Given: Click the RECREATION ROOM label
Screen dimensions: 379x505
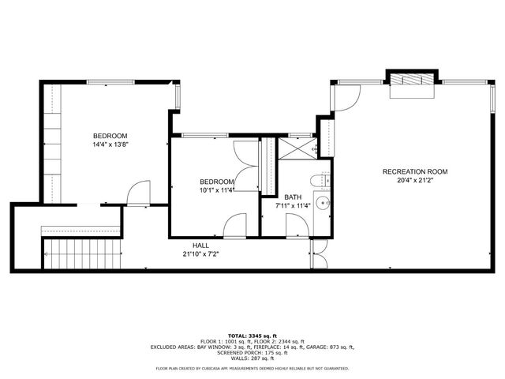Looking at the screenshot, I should click(x=415, y=171).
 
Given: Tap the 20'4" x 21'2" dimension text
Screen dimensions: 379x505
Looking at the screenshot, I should click(x=415, y=181).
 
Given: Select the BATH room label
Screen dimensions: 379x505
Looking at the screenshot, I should click(x=293, y=197).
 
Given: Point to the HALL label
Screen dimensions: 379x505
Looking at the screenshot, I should click(x=200, y=245).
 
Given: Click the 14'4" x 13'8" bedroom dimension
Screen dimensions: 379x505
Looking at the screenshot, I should click(x=110, y=144).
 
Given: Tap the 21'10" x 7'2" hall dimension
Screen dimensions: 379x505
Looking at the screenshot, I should click(x=200, y=254).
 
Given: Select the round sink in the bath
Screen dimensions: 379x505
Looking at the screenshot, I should click(x=323, y=204).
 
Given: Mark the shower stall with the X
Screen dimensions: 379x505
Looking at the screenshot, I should click(x=296, y=148).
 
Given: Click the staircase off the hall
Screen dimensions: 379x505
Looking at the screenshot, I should click(x=79, y=254).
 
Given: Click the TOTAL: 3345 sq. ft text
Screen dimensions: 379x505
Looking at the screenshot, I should click(x=252, y=336).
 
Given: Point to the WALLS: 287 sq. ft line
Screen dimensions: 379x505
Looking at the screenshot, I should click(x=252, y=358).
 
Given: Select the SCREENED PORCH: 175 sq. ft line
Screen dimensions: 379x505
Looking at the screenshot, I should click(x=252, y=353).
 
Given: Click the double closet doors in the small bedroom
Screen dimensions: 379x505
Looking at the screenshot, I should click(x=246, y=166).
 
